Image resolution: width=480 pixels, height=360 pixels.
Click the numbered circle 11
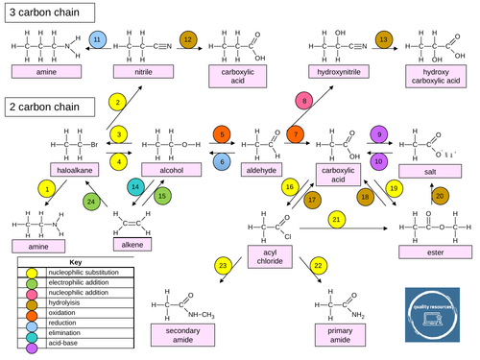click(97, 38)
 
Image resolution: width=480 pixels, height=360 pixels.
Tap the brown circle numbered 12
click(188, 38)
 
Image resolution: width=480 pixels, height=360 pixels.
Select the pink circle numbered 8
click(304, 101)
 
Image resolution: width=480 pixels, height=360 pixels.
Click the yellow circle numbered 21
click(336, 221)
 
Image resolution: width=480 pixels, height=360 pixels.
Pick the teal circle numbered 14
click(136, 186)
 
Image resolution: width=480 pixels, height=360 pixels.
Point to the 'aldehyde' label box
click(261, 170)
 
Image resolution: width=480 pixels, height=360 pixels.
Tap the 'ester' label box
click(426, 253)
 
